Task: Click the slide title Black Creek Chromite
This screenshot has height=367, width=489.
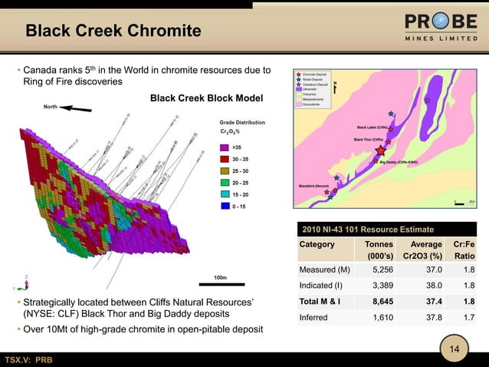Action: click(x=113, y=31)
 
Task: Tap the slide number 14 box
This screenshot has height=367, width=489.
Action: click(x=455, y=349)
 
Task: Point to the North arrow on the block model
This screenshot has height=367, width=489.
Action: click(x=76, y=109)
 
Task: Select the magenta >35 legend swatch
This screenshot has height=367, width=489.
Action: click(x=225, y=147)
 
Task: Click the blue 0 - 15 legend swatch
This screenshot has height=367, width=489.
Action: click(x=225, y=207)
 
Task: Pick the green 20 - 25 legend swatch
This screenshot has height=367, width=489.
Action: click(x=225, y=183)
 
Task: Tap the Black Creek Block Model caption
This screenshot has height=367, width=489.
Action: click(x=206, y=98)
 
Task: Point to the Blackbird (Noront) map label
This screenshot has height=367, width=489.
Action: click(x=314, y=185)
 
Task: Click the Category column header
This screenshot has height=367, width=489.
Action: click(x=317, y=244)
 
